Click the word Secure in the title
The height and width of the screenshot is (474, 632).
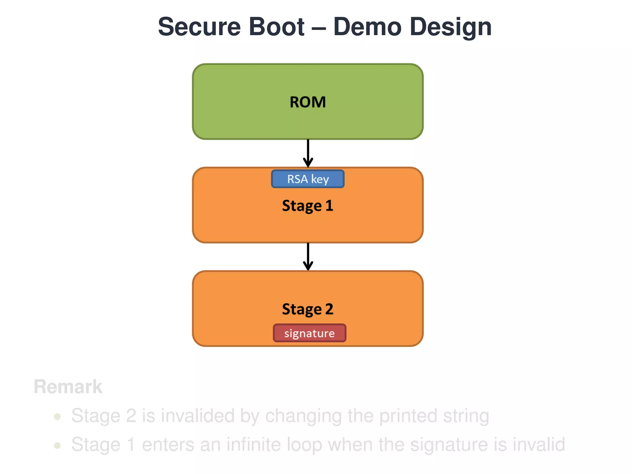pos(199,27)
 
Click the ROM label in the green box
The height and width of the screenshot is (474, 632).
pos(308,102)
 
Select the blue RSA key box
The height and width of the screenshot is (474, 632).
pos(308,179)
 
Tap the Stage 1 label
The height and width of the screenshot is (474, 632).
pos(308,206)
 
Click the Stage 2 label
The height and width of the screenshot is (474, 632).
pos(308,309)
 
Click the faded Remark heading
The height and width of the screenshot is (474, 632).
pos(68,387)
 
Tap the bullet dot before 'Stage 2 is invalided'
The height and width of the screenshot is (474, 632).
pos(57,417)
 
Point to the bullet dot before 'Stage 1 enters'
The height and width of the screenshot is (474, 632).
pos(57,445)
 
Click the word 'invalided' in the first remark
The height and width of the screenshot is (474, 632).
pos(197,416)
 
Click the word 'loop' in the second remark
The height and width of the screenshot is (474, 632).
pos(304,445)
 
